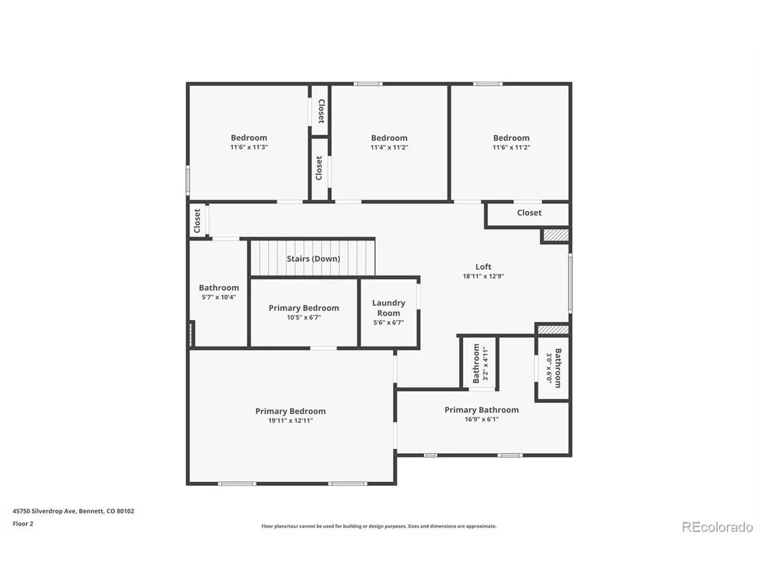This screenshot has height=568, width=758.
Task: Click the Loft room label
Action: tap(484, 267)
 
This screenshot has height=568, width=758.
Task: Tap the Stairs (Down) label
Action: tap(313, 259)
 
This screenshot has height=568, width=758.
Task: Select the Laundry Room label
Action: tap(389, 308)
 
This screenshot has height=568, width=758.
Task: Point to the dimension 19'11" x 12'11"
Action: tap(291, 420)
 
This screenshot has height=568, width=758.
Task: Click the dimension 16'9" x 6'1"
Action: tap(482, 419)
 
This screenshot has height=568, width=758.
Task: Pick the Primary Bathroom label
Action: tap(482, 409)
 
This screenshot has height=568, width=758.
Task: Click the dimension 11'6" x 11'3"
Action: tap(249, 148)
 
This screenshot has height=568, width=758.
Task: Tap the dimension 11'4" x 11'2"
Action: tap(389, 148)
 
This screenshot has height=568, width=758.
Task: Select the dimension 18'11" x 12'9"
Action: tap(484, 276)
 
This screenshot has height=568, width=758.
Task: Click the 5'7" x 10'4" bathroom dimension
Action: tap(219, 297)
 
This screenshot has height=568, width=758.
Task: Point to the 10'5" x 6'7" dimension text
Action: tap(304, 317)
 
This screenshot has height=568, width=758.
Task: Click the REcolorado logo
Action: tap(718, 527)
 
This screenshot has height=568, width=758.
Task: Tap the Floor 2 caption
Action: tap(23, 524)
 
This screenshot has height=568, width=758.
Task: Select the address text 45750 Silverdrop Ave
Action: tap(44, 511)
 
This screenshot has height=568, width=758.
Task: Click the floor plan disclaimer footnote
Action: tap(379, 526)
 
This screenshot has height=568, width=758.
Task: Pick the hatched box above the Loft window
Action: tap(556, 235)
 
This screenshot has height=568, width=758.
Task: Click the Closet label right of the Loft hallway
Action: tap(530, 213)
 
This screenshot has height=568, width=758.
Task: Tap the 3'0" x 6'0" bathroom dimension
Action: tap(549, 368)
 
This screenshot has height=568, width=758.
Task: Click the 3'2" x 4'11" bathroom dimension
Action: tap(486, 364)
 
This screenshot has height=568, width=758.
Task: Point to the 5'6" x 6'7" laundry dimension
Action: tap(389, 323)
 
